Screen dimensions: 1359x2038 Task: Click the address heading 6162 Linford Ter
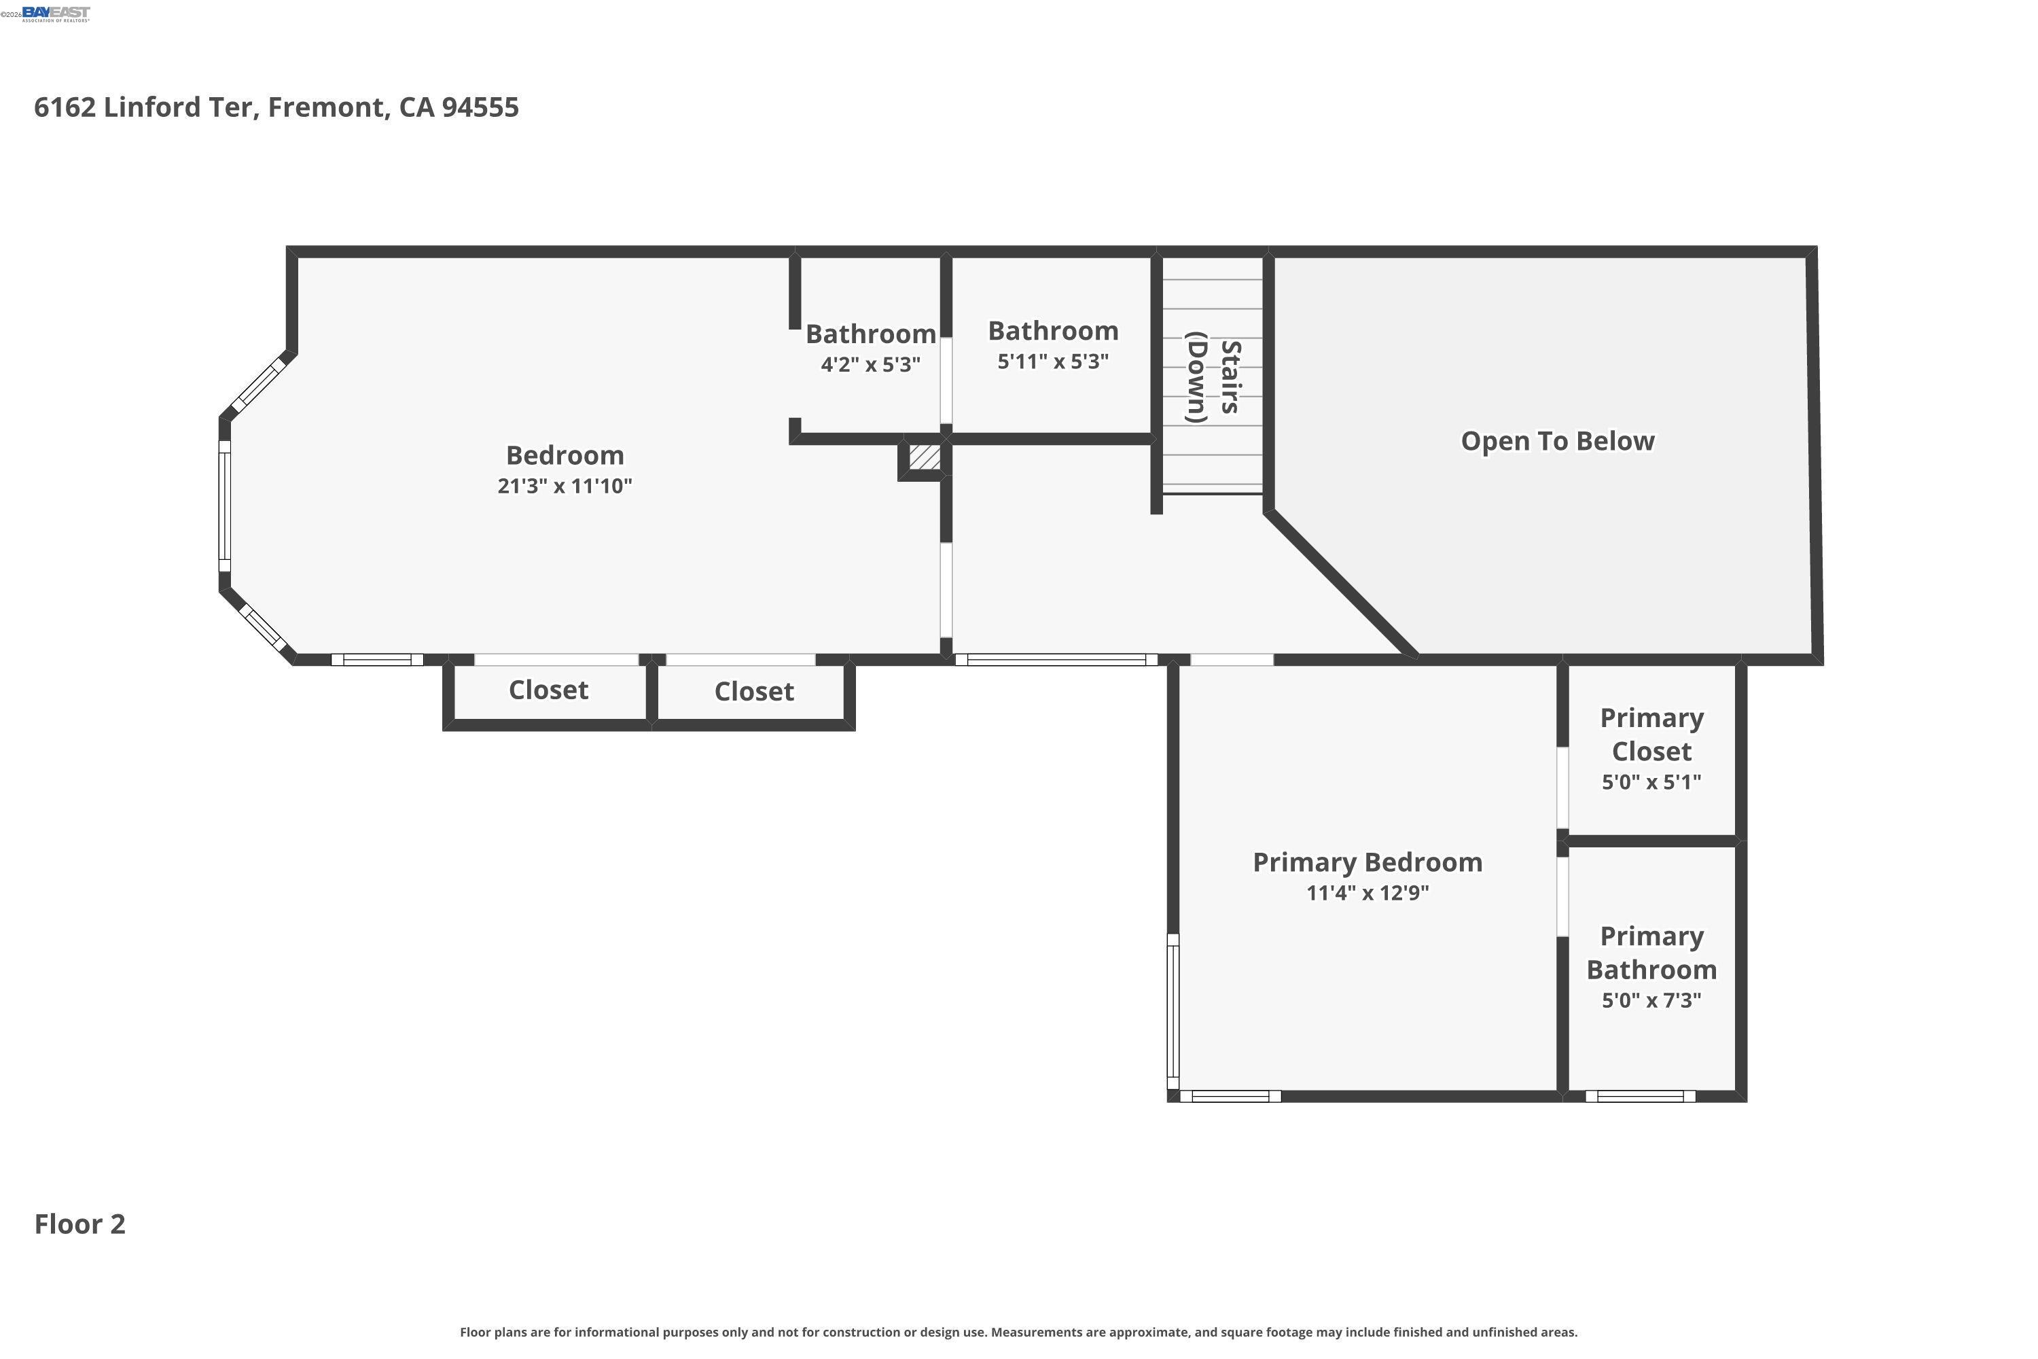[x=276, y=107]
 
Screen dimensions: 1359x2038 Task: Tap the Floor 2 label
[x=79, y=1224]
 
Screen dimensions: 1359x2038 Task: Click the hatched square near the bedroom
[x=925, y=457]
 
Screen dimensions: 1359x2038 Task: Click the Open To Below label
[x=1557, y=441]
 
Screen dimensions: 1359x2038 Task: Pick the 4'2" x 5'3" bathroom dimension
[x=870, y=365]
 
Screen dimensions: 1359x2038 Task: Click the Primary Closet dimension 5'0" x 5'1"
[x=1651, y=783]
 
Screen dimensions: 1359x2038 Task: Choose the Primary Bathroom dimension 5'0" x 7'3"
[x=1651, y=1001]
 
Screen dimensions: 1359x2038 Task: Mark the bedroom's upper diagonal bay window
[x=259, y=385]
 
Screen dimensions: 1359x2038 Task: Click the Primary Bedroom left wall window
[x=1173, y=1012]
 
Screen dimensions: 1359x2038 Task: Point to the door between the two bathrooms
[x=946, y=381]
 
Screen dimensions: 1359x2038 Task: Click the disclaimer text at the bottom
[x=1018, y=1332]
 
